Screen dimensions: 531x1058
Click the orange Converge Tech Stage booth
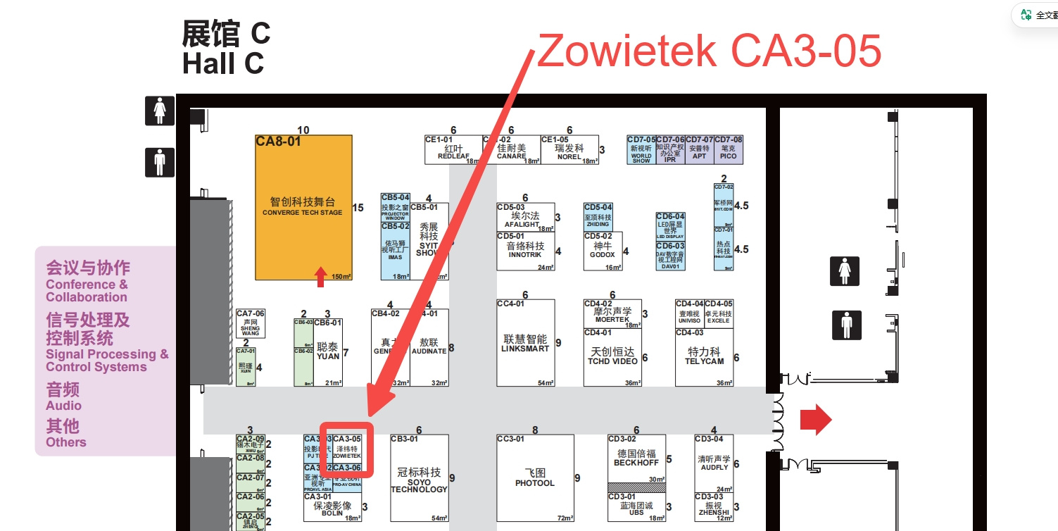click(x=303, y=208)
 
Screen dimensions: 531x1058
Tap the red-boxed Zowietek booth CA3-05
click(x=346, y=449)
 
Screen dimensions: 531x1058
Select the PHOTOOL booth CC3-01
click(x=535, y=478)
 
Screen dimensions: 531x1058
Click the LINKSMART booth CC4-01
click(x=525, y=344)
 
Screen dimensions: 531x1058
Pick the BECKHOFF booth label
click(x=636, y=458)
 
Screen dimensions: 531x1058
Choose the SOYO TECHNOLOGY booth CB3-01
click(x=419, y=479)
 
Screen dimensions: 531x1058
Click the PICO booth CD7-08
click(x=729, y=150)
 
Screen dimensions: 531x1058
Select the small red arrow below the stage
click(x=321, y=276)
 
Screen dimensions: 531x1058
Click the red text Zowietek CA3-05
click(x=709, y=51)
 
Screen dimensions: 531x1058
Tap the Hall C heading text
click(x=223, y=63)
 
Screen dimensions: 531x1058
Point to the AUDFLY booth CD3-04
click(x=714, y=463)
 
